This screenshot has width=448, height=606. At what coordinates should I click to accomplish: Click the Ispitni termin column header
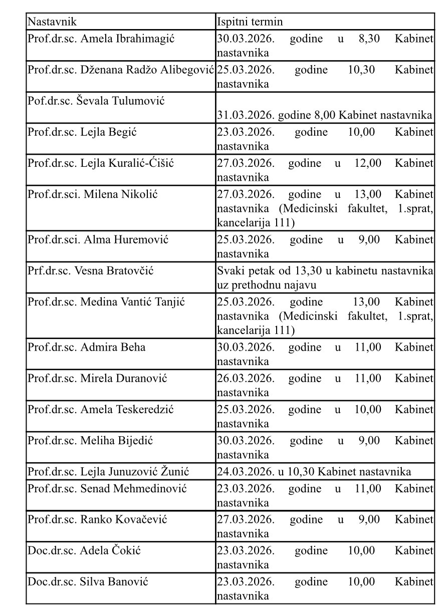250,22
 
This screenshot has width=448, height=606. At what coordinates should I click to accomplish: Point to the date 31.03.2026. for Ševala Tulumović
246,116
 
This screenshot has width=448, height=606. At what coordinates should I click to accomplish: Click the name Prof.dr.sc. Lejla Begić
82,132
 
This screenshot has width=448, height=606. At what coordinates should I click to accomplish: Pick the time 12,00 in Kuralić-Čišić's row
368,163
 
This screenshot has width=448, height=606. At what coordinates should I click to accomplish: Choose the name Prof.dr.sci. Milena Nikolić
92,194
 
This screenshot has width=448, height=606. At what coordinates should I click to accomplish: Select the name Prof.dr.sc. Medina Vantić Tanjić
106,301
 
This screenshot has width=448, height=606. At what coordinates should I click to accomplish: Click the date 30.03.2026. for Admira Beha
246,347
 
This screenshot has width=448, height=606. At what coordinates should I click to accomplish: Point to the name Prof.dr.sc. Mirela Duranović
97,378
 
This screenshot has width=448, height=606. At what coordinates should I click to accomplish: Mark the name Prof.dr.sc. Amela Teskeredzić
101,409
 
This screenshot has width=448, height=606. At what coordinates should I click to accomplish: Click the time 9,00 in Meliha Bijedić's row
369,440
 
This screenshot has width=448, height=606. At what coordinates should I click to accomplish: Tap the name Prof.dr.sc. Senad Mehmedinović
107,488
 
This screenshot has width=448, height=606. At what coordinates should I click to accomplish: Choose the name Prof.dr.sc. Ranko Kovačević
97,519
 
